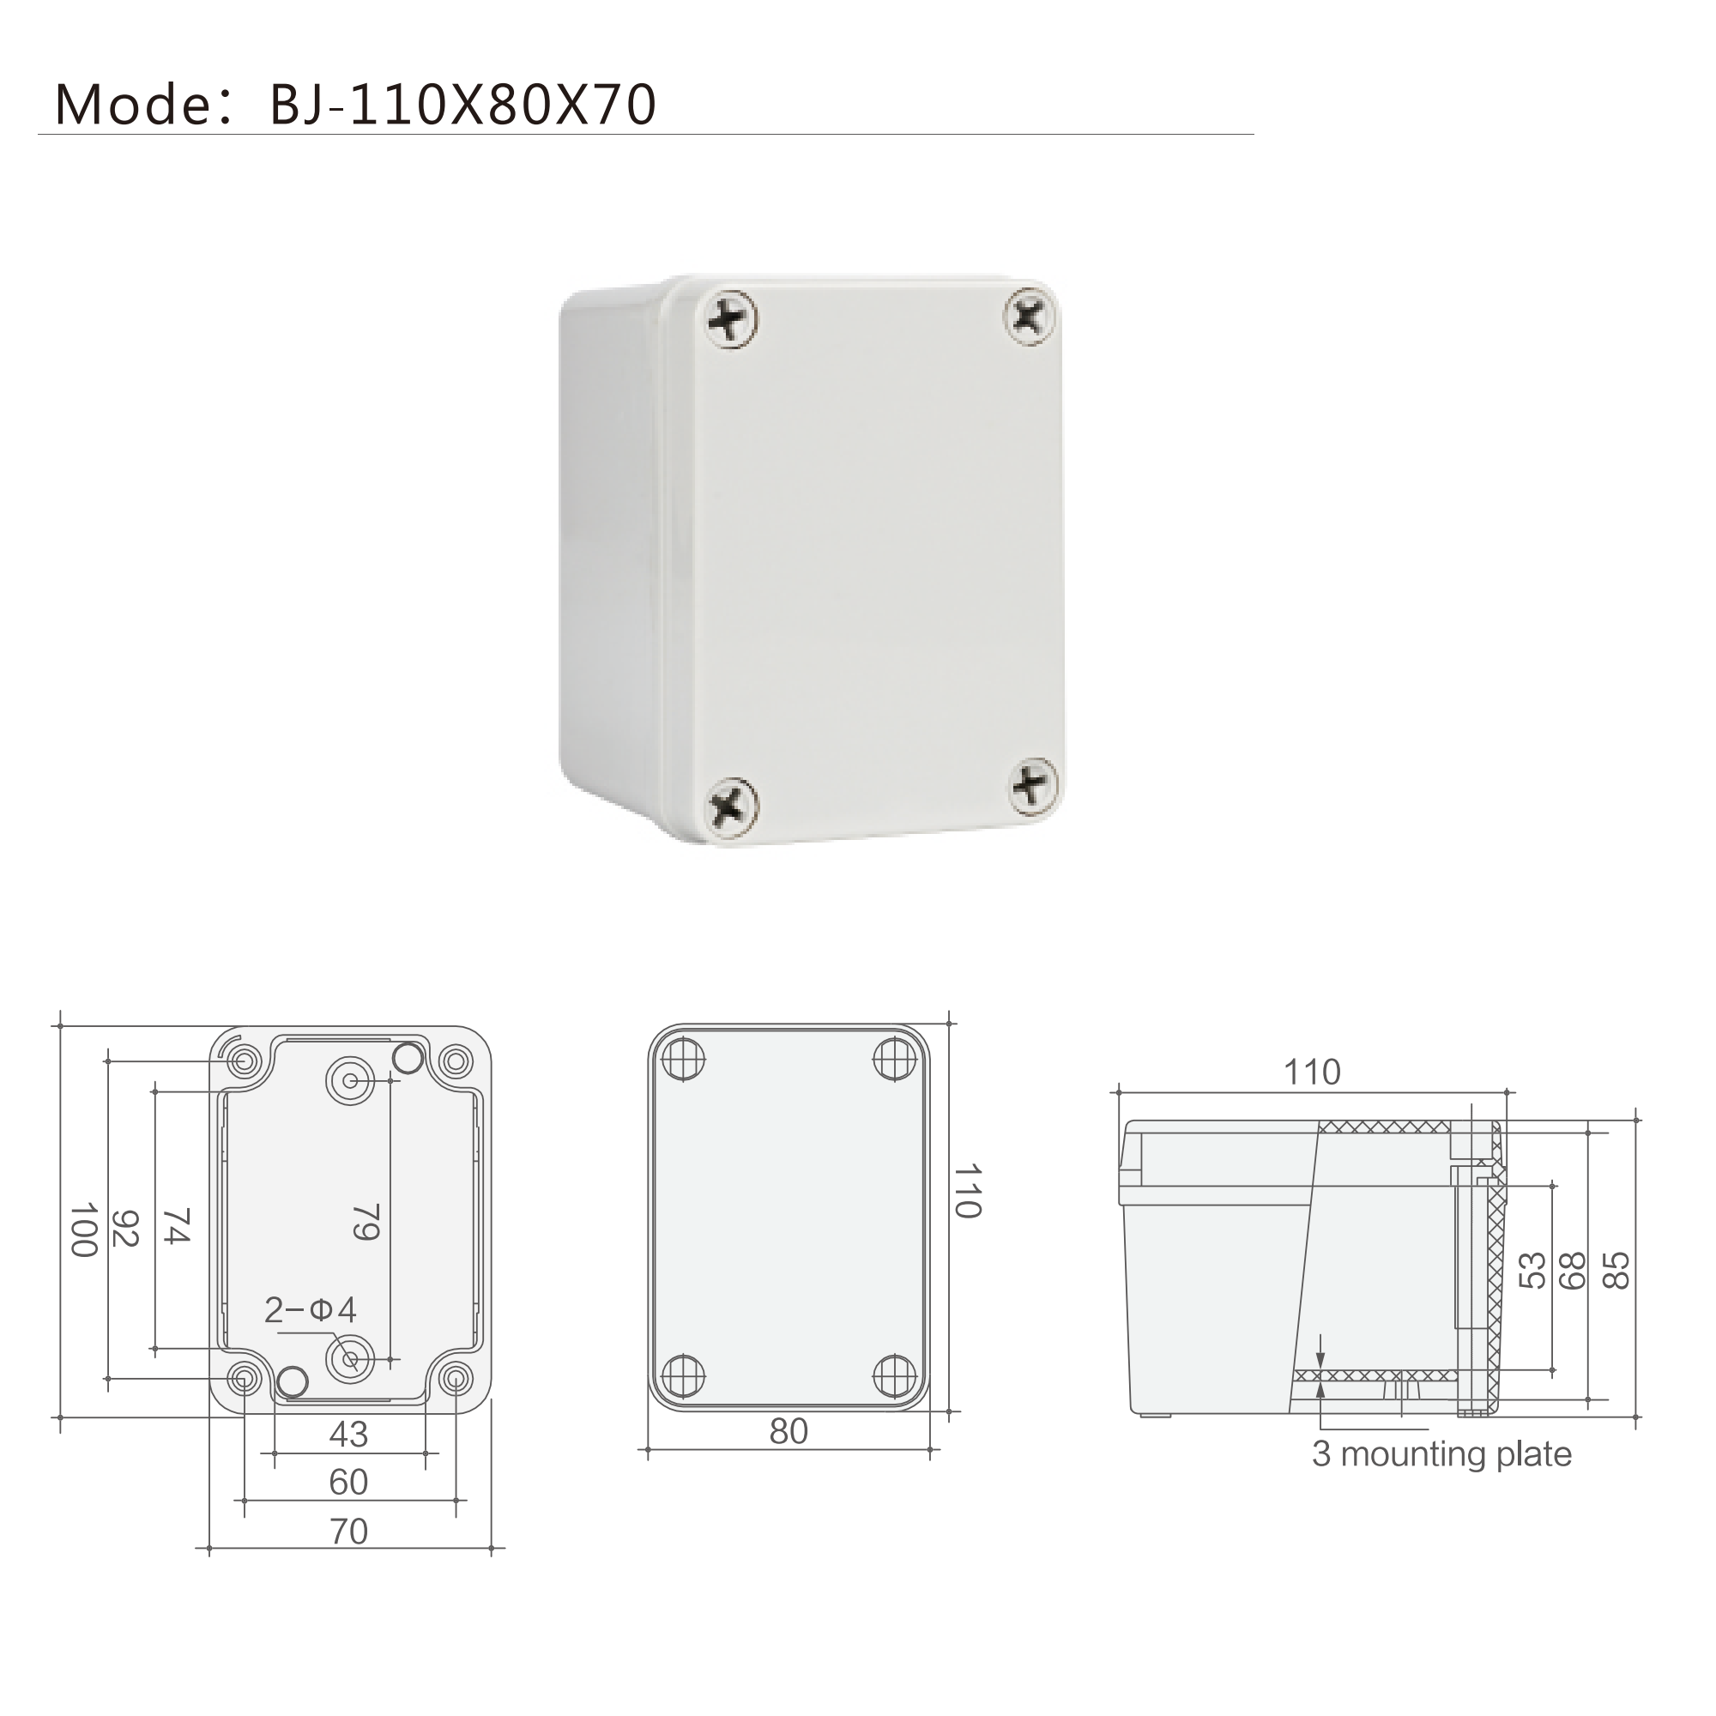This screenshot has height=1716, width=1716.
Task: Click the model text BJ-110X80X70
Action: pos(462,105)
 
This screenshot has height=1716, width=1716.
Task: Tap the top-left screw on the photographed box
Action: pos(733,318)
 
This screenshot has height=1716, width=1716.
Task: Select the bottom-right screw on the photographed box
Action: pos(1034,785)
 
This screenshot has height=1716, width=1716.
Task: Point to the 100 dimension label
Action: pos(84,1230)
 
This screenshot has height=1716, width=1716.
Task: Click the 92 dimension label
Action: pos(125,1228)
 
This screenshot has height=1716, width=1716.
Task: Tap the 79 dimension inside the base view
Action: pos(367,1221)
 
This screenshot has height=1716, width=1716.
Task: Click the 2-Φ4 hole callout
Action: pos(310,1309)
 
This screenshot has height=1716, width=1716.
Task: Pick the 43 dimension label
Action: pos(348,1435)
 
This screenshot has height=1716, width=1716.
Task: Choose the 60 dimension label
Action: pos(348,1483)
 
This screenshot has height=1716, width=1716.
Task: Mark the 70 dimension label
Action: pos(348,1532)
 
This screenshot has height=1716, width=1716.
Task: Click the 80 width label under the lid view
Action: pos(789,1432)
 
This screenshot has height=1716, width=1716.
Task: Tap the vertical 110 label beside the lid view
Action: pos(968,1191)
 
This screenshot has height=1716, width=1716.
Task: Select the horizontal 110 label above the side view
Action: pos(1312,1072)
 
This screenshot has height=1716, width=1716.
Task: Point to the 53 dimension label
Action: pos(1533,1270)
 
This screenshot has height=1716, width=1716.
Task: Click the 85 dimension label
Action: pos(1616,1270)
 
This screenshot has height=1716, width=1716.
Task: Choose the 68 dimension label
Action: pos(1572,1270)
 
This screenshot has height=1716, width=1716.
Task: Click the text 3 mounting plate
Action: pos(1441,1454)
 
